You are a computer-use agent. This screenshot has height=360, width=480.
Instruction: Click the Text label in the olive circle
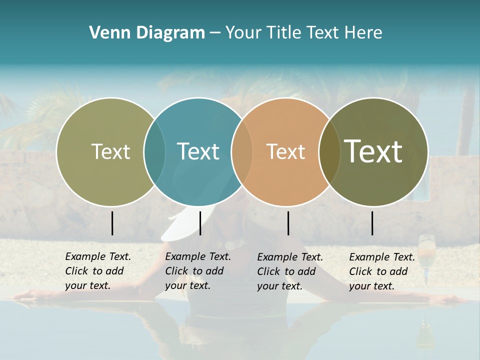[110, 151]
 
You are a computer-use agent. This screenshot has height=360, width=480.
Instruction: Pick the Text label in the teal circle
[198, 151]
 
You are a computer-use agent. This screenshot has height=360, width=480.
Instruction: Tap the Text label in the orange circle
[285, 151]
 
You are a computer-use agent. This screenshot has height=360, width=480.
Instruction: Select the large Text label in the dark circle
[373, 151]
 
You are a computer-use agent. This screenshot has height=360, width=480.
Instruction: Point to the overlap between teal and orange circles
[242, 152]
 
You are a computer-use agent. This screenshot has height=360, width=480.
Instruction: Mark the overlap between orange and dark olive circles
[329, 152]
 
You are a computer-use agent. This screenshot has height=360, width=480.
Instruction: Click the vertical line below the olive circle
[112, 223]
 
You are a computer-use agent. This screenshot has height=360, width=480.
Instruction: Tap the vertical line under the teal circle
[200, 223]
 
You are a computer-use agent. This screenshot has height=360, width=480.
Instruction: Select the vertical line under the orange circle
[288, 223]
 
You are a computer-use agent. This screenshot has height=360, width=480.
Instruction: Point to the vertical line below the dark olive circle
[372, 223]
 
